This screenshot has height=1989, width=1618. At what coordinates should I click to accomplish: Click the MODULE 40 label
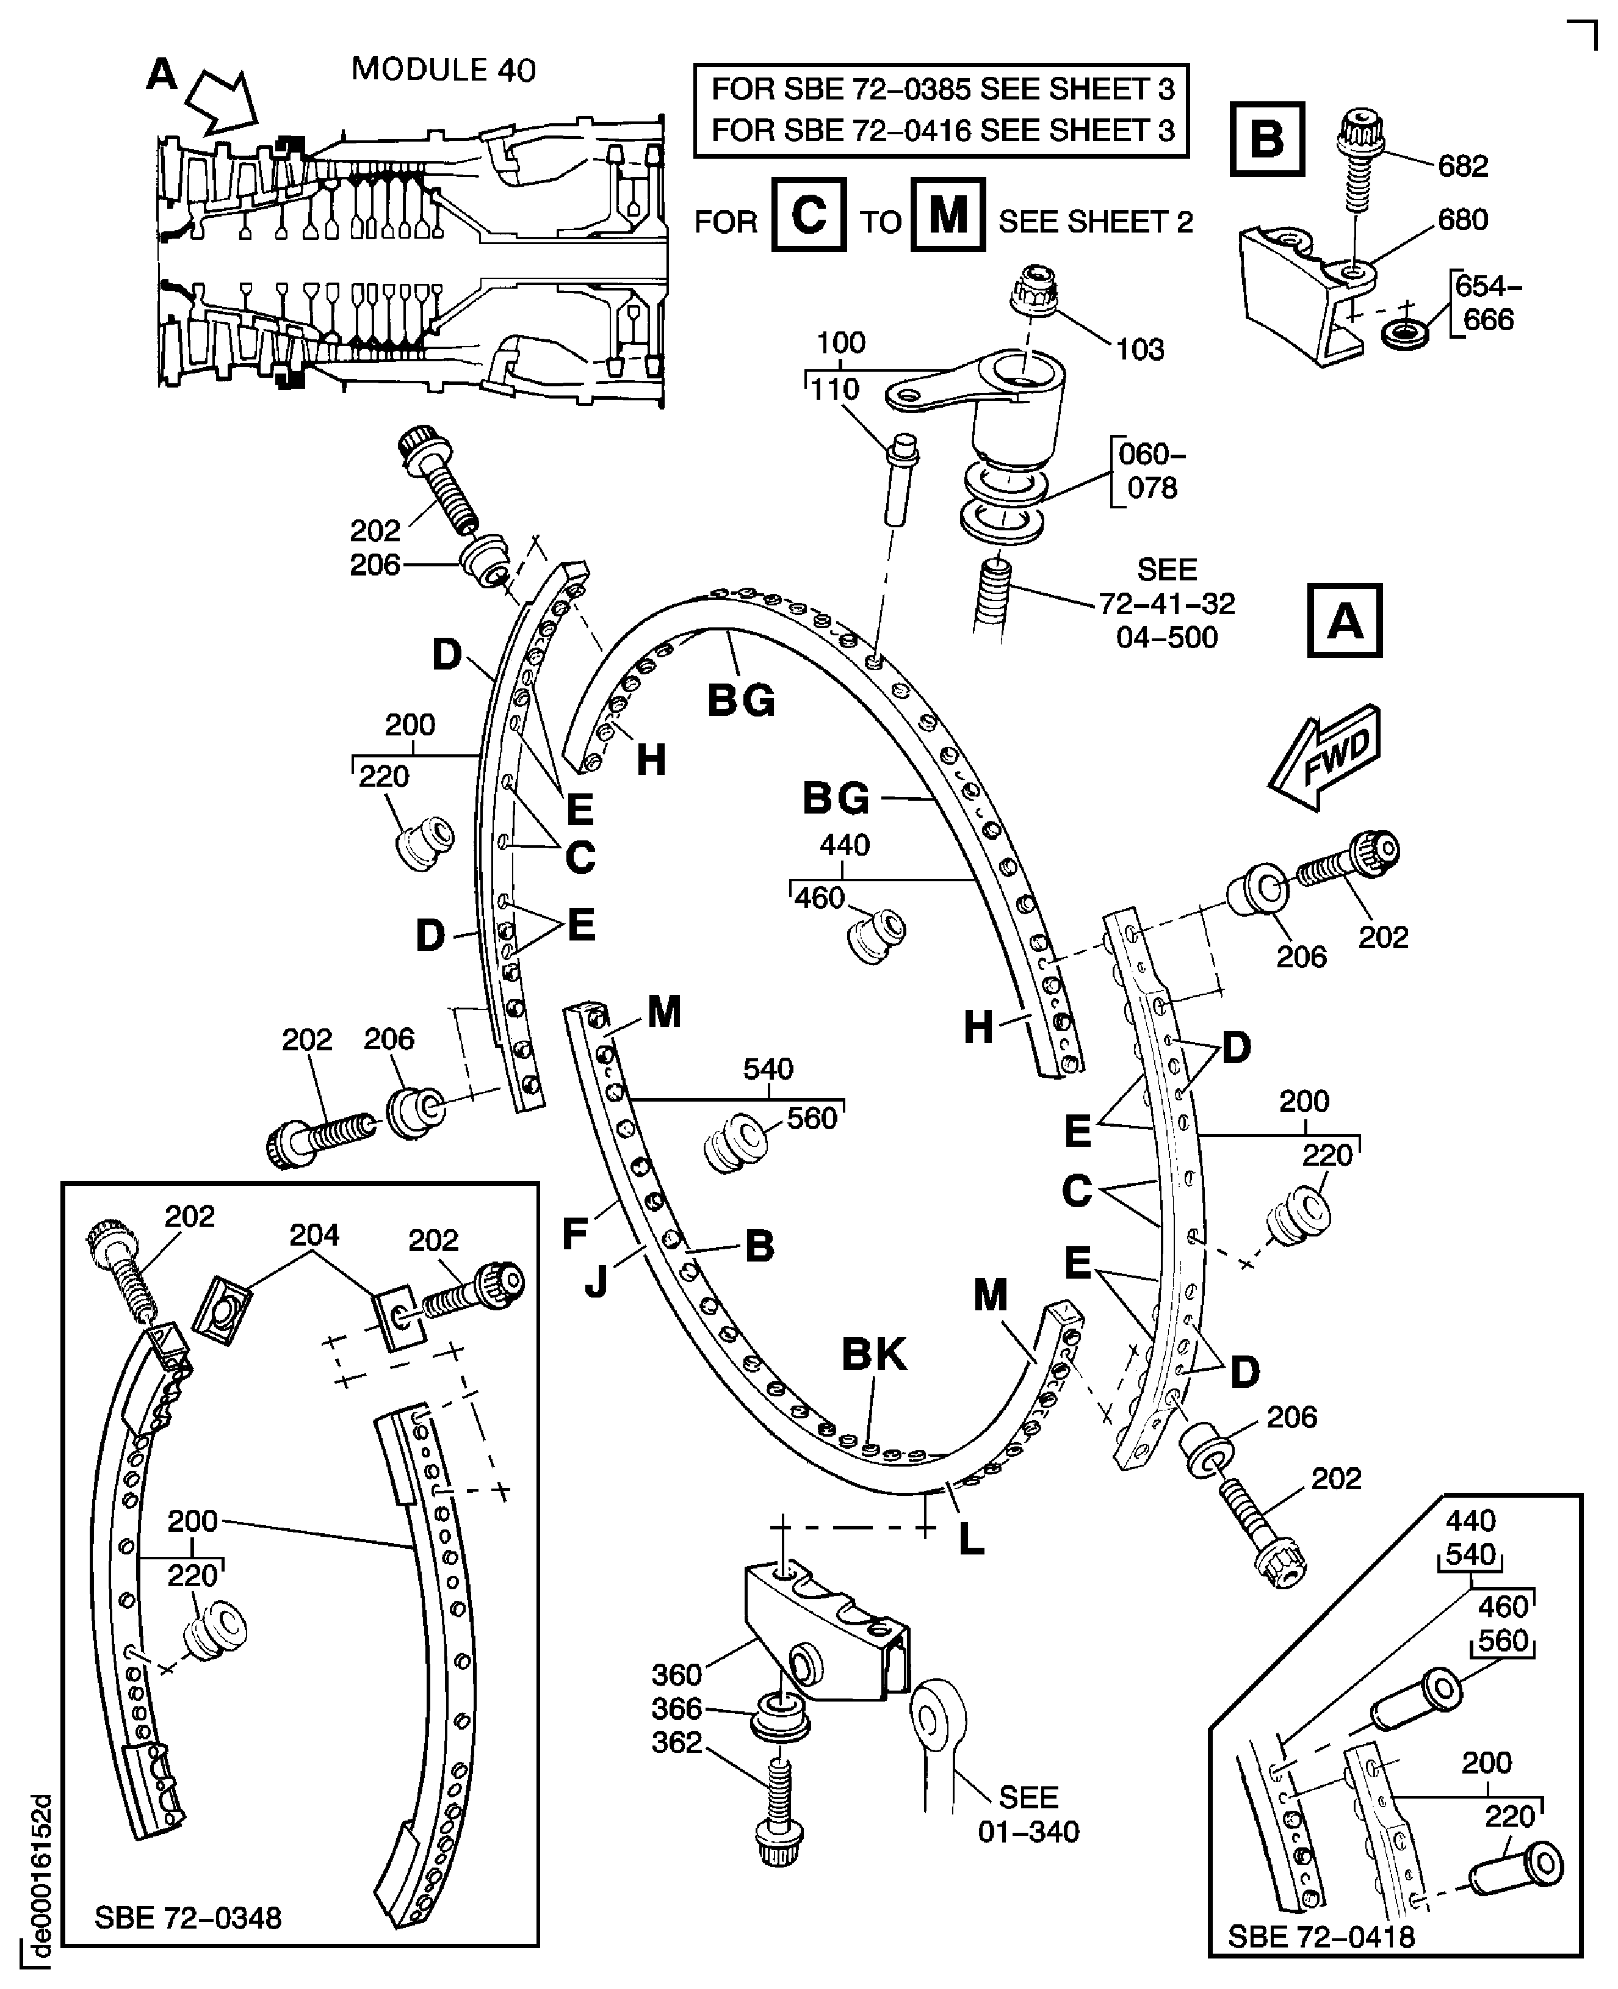point(444,70)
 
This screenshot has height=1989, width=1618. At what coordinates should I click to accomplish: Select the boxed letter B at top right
point(1266,139)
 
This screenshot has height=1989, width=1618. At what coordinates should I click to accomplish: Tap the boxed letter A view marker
point(1344,621)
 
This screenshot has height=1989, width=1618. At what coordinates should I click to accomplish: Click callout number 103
point(1140,350)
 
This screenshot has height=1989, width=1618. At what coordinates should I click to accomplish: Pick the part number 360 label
point(677,1675)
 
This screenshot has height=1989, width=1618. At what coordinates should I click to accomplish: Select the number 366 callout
point(677,1708)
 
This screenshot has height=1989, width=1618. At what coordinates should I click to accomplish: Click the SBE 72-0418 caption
point(1321,1936)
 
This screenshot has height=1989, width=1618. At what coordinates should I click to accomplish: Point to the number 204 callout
point(314,1235)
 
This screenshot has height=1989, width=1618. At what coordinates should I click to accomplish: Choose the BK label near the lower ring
point(873,1355)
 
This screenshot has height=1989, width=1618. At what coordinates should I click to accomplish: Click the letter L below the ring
point(971,1540)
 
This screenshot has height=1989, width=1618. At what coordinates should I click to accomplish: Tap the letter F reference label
point(575,1233)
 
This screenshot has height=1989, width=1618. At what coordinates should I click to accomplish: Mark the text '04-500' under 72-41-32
point(1167,638)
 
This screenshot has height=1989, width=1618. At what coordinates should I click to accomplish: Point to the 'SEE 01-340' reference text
point(1028,1814)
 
